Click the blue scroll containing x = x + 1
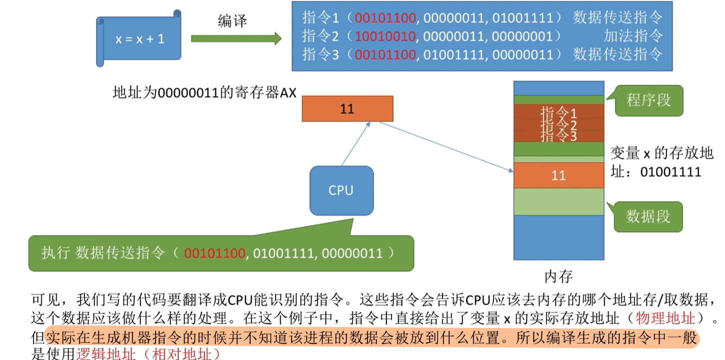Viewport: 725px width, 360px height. tap(139, 39)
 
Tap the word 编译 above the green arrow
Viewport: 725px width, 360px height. tap(232, 21)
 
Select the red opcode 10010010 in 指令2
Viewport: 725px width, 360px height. tap(385, 36)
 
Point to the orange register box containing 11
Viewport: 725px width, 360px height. tap(347, 109)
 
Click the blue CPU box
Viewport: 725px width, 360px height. tap(341, 190)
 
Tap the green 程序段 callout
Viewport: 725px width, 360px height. tap(648, 100)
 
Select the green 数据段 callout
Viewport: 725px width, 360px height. tap(648, 216)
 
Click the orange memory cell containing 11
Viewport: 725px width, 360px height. tap(558, 175)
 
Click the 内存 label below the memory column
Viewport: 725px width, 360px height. tap(558, 276)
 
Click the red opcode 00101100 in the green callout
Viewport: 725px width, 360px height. tap(214, 253)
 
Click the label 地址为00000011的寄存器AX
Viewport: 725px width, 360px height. tap(204, 93)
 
